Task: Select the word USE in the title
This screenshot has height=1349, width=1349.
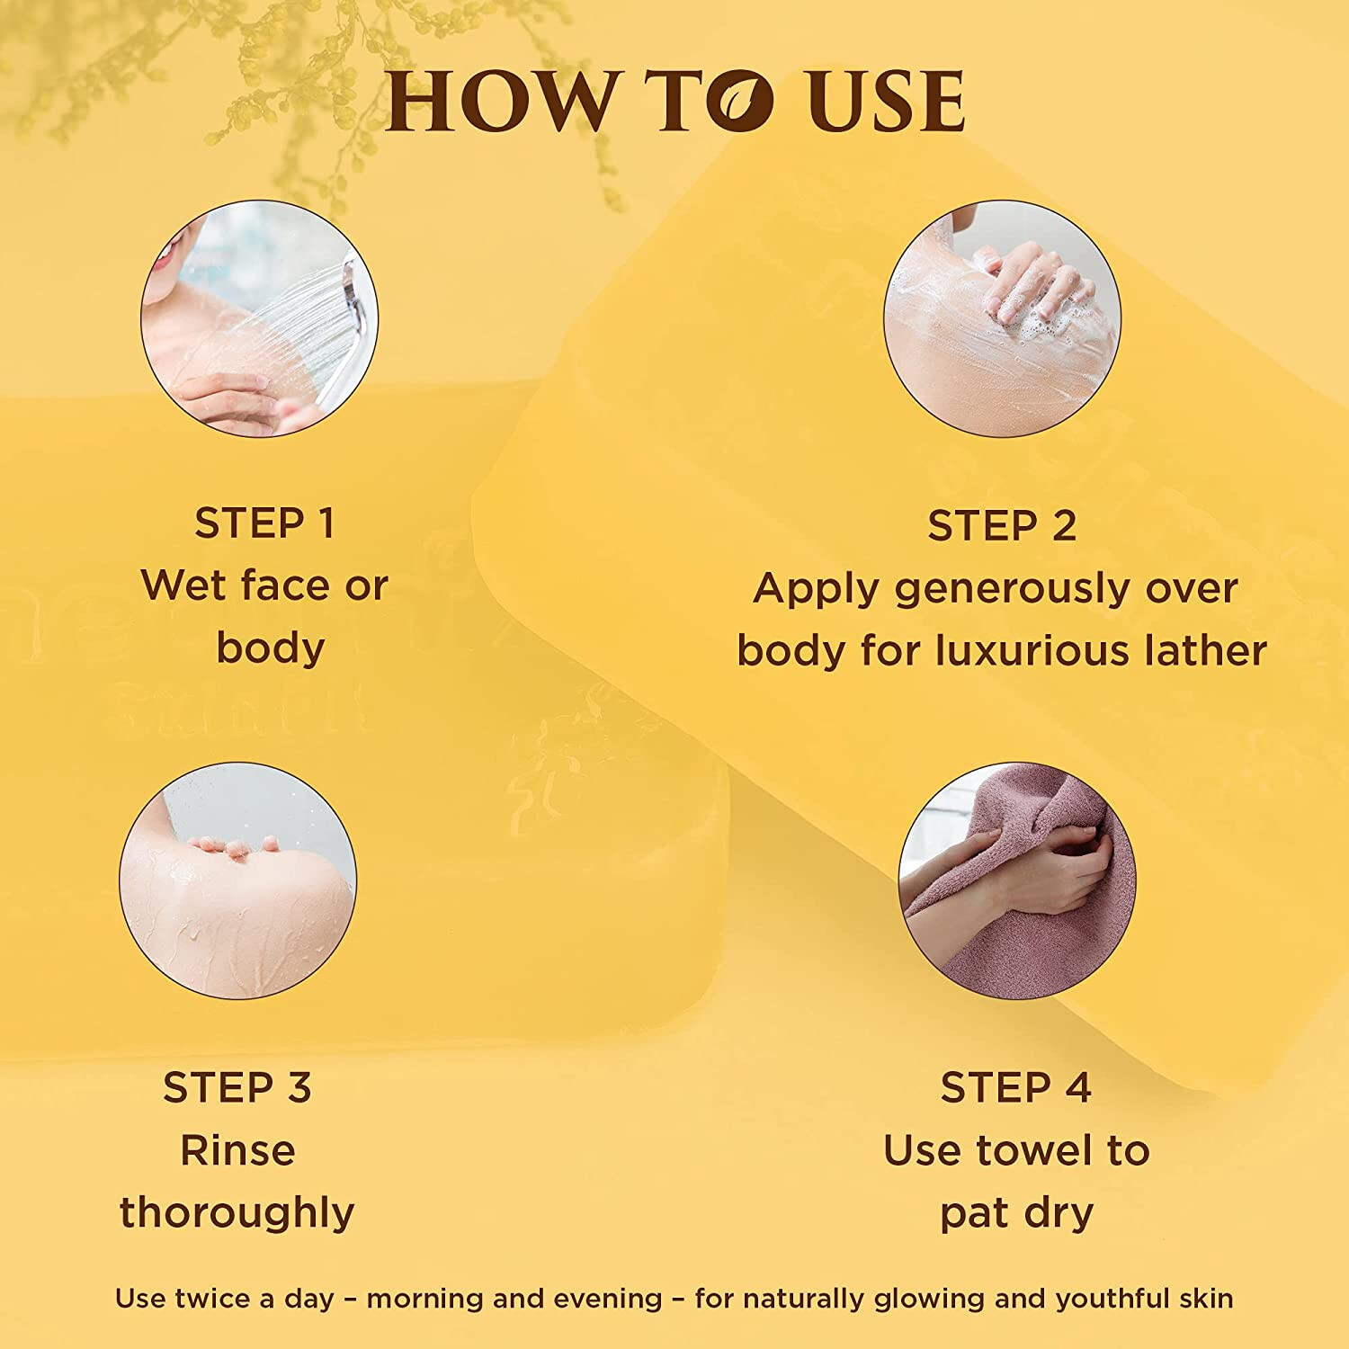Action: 886,101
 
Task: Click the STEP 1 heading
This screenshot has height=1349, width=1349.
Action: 264,523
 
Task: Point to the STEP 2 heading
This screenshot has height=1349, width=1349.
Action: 1002,526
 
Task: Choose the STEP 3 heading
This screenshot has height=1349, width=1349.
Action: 237,1087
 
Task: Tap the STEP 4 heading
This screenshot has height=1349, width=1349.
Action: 1016,1087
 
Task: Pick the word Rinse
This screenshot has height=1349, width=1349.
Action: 237,1150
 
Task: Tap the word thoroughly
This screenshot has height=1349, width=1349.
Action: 237,1214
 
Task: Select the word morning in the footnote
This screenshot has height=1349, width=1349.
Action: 424,1300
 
